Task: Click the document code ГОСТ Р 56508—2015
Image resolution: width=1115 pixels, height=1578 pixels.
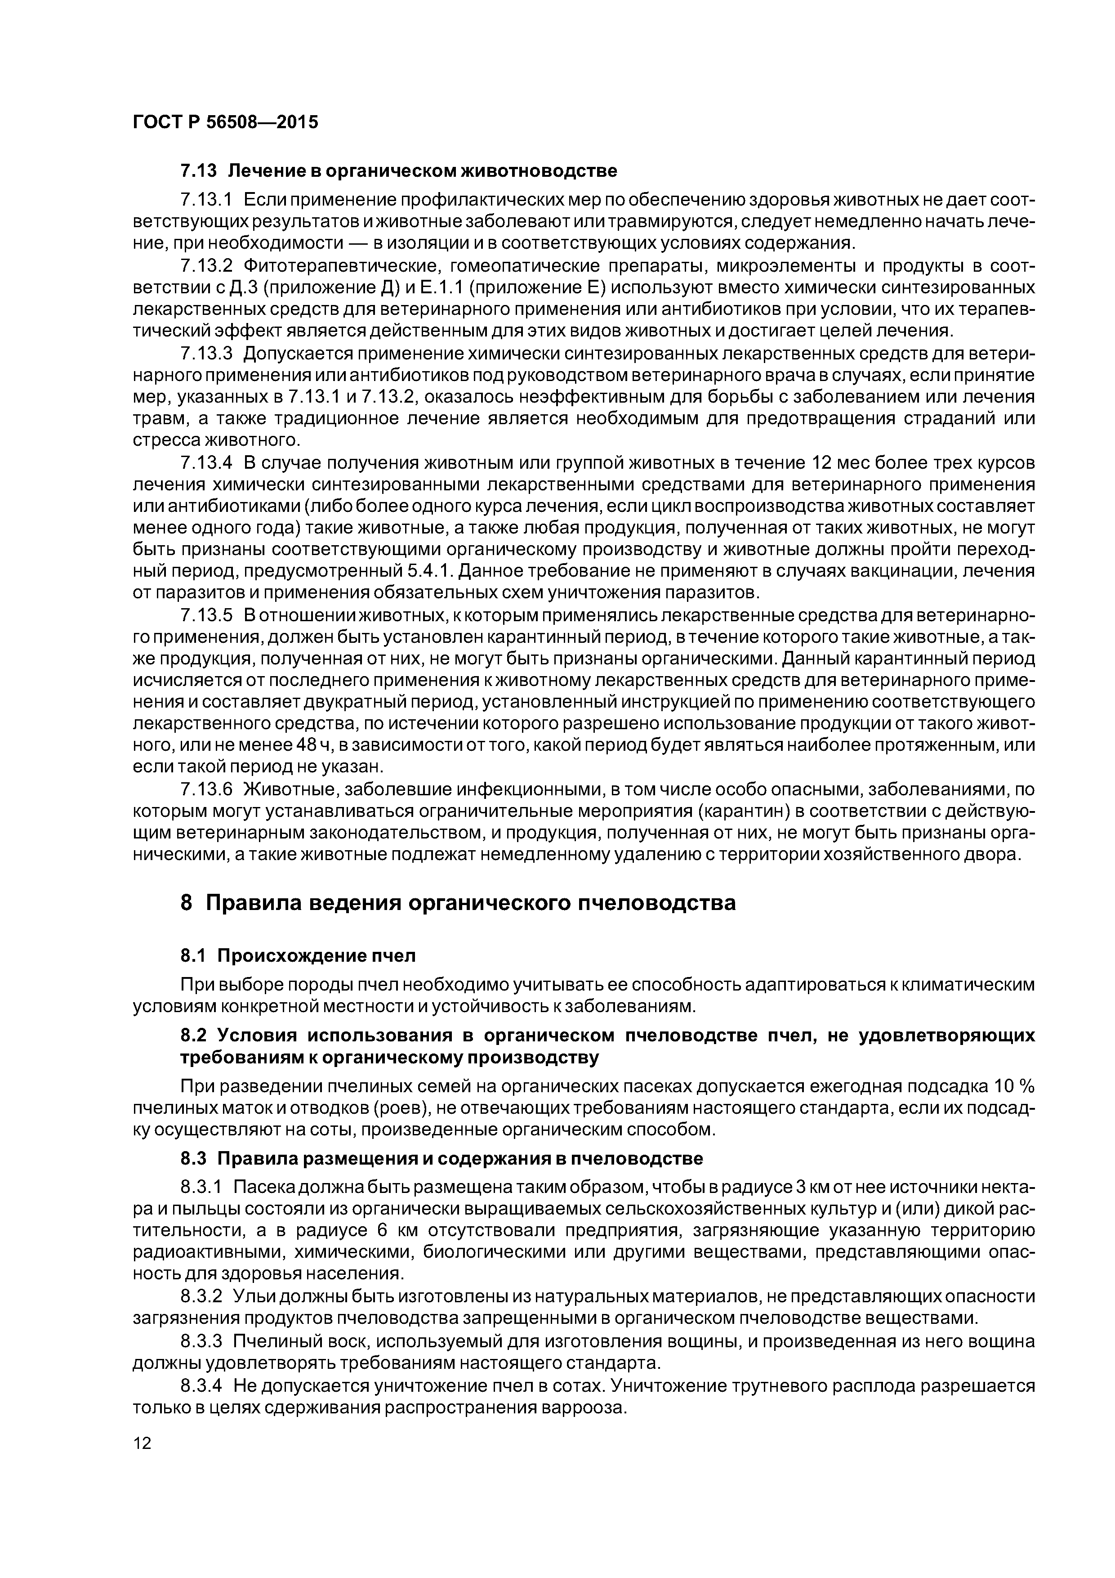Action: (225, 122)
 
